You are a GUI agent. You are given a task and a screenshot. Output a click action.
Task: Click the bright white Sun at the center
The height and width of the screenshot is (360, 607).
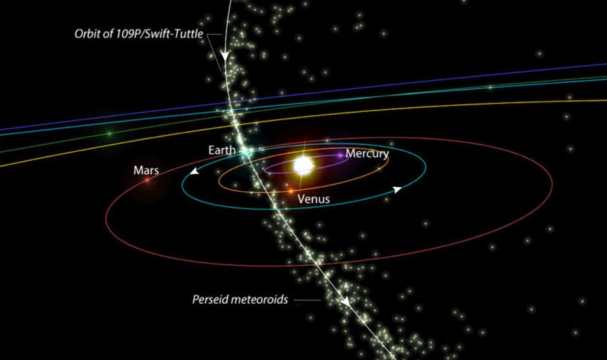click(303, 165)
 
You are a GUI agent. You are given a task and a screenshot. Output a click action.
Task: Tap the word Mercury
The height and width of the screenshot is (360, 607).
click(367, 154)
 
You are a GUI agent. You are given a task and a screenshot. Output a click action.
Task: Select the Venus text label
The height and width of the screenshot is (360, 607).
click(314, 199)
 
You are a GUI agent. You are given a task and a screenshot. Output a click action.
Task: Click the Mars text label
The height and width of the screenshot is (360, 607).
click(146, 170)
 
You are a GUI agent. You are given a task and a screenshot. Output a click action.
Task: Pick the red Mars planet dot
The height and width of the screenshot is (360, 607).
click(146, 180)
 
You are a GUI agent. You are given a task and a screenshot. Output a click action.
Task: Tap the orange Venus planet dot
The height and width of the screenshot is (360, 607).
click(290, 193)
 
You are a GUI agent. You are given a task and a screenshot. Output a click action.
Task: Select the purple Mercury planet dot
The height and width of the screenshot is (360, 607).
click(341, 156)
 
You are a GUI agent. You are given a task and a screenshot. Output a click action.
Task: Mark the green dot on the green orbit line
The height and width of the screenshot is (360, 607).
click(109, 134)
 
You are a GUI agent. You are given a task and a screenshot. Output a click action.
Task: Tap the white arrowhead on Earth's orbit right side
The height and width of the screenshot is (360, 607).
click(398, 189)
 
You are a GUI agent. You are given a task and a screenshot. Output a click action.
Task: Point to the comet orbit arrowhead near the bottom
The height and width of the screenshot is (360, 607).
click(346, 301)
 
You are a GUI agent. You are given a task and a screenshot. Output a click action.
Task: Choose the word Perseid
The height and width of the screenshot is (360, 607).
click(212, 299)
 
